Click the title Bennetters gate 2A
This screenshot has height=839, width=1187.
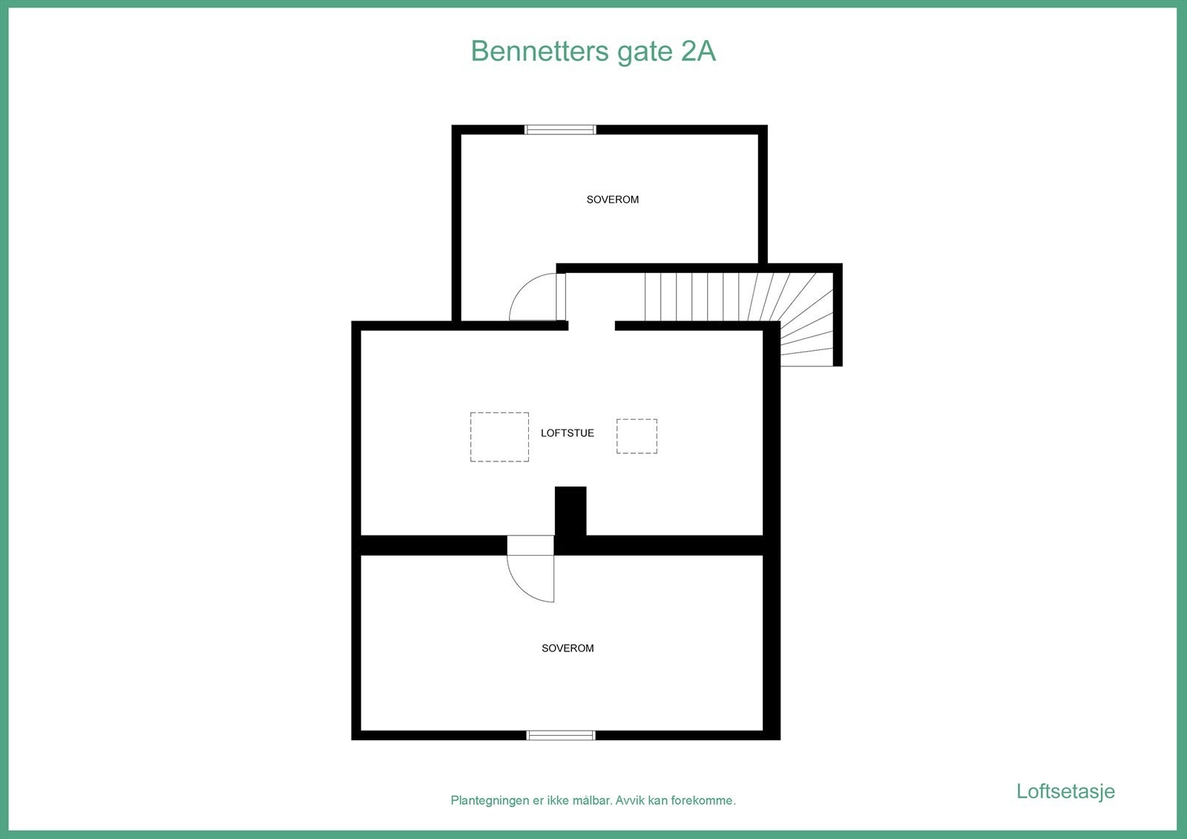coord(593,51)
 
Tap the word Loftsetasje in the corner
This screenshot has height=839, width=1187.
coord(1065,792)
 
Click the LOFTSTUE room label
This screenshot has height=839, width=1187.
coord(567,433)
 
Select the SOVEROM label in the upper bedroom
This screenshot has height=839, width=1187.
coord(612,200)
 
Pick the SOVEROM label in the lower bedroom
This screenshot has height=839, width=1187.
coord(568,648)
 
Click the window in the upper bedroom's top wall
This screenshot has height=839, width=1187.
coord(560,130)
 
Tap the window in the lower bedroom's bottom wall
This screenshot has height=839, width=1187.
coord(561,735)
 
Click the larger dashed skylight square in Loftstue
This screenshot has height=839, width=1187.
coord(499,437)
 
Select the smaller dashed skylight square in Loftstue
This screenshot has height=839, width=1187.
coord(637,436)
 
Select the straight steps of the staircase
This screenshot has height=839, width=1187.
coord(697,297)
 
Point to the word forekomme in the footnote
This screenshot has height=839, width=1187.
coord(702,801)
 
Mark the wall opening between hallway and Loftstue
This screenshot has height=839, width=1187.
coord(591,326)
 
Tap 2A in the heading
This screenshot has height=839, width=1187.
coord(697,51)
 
